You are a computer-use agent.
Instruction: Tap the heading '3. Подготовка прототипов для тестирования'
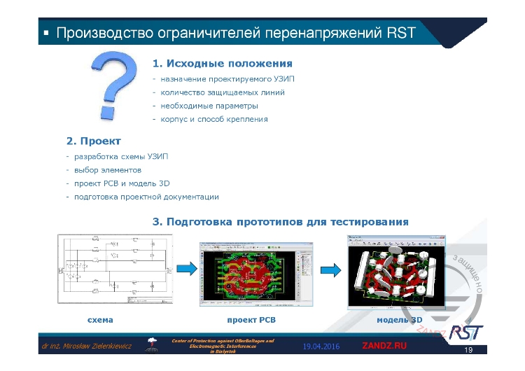click(x=280, y=221)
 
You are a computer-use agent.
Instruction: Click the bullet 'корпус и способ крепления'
click(x=213, y=119)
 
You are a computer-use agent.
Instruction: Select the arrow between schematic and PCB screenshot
click(x=185, y=269)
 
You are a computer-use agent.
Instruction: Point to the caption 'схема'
click(x=99, y=319)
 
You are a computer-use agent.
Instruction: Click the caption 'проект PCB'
click(x=251, y=319)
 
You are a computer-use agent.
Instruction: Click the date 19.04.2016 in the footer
click(x=321, y=346)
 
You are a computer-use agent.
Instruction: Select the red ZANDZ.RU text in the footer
click(x=384, y=346)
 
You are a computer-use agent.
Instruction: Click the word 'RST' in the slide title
click(x=401, y=33)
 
